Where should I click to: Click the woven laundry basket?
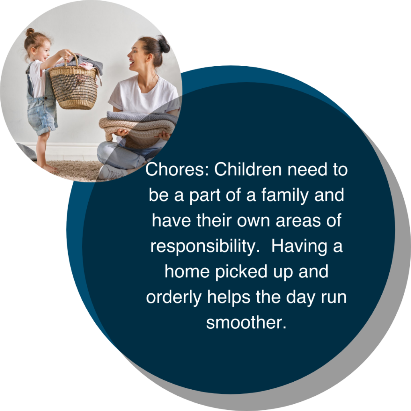click(x=73, y=86)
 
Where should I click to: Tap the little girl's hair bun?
click(x=30, y=32)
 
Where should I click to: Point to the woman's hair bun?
click(x=163, y=44)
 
